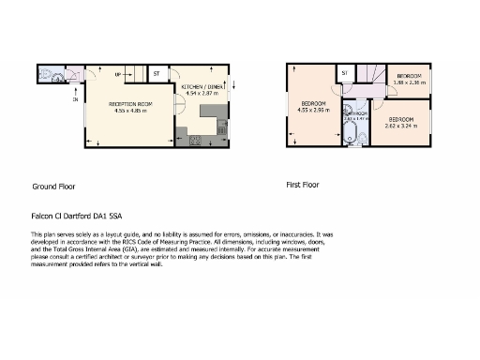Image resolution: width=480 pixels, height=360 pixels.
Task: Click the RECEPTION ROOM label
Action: click(130, 104)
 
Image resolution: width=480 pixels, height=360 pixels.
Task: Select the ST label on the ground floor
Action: click(157, 71)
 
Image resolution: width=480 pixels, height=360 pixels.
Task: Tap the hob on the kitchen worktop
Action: click(196, 141)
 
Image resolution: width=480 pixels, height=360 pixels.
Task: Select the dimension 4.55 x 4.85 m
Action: click(130, 111)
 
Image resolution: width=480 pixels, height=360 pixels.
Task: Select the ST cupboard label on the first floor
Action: click(345, 72)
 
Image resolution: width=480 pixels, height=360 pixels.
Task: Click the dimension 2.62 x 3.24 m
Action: click(401, 125)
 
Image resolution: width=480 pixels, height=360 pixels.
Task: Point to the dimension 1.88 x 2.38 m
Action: click(410, 82)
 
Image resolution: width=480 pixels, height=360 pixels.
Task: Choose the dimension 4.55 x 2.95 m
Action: click(311, 109)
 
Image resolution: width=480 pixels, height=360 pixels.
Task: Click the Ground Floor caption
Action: click(53, 187)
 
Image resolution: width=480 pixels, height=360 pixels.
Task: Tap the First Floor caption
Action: click(302, 185)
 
